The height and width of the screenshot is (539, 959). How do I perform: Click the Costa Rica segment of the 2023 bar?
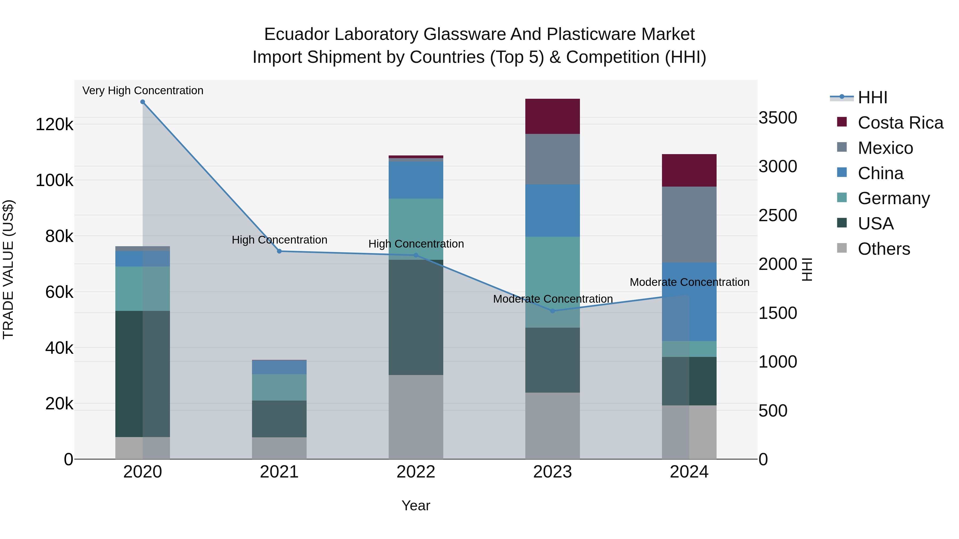click(x=552, y=116)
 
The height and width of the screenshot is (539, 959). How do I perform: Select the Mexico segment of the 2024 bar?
click(x=689, y=224)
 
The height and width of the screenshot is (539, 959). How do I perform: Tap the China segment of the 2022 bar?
click(x=416, y=180)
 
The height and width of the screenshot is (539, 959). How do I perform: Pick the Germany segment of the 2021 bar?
click(x=279, y=387)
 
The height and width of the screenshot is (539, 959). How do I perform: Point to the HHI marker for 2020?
click(x=143, y=102)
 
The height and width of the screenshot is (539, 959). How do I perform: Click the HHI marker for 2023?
click(x=552, y=311)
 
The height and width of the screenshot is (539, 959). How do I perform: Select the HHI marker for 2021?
click(x=279, y=251)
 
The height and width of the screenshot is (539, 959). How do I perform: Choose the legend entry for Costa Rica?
click(x=900, y=123)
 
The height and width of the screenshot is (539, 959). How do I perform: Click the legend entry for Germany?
click(x=893, y=198)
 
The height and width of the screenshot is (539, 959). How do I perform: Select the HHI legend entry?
click(x=872, y=97)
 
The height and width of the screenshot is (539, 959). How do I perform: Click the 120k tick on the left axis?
click(x=54, y=124)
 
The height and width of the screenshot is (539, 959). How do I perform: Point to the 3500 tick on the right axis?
click(x=778, y=118)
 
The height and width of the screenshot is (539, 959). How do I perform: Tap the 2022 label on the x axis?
click(x=416, y=472)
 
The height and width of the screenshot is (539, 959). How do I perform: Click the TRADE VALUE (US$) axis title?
click(x=8, y=269)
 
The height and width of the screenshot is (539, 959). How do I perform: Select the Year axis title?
click(x=416, y=505)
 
